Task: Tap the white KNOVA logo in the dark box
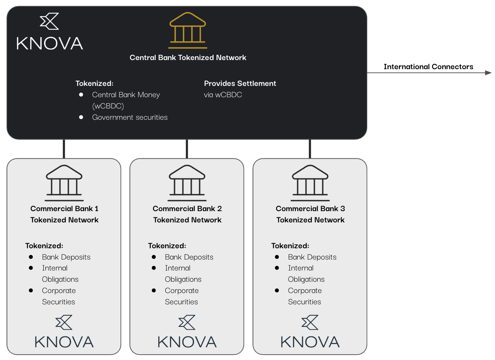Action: (x=50, y=31)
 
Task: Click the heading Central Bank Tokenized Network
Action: (x=188, y=58)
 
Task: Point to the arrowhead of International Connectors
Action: (x=488, y=73)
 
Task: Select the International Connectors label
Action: (x=428, y=67)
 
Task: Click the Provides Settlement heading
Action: (x=240, y=83)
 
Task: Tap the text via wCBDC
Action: (x=223, y=95)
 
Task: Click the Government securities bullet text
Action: (x=130, y=117)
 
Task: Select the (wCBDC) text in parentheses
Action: (x=108, y=106)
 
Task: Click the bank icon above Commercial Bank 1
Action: (x=64, y=183)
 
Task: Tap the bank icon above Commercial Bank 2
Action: (x=187, y=183)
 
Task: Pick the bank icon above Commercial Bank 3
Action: (x=310, y=183)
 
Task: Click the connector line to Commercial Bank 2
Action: (x=187, y=149)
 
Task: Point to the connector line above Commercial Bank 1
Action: (x=64, y=149)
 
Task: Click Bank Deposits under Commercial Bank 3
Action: (x=312, y=257)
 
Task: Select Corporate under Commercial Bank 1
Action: (x=59, y=290)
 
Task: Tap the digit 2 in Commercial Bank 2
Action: (x=219, y=209)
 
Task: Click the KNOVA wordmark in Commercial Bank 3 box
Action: (x=310, y=342)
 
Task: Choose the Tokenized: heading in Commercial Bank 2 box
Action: (x=167, y=246)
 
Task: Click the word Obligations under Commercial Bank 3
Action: (x=306, y=279)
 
